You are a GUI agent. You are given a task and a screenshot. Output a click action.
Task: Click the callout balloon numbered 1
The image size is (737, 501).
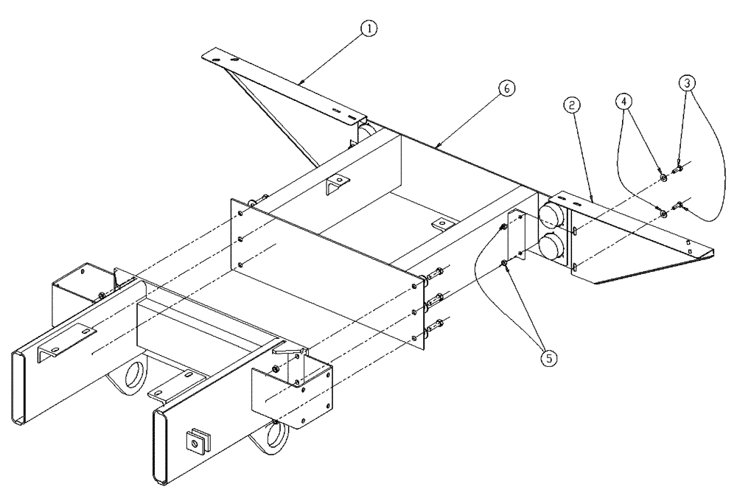[x=368, y=28]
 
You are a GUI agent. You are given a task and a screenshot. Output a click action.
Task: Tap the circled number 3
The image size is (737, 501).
[x=687, y=83]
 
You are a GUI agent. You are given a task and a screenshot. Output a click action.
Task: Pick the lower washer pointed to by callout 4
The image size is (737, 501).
[x=663, y=214]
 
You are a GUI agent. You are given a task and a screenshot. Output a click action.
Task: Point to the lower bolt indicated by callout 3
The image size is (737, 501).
[x=678, y=209]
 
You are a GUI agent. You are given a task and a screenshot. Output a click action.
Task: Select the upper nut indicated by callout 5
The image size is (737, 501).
[x=503, y=226]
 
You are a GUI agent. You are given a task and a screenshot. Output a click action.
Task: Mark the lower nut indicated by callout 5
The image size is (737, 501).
[x=503, y=263]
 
